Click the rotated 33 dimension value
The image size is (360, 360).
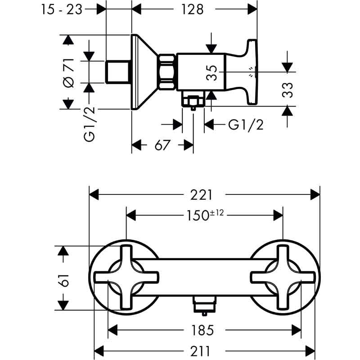(x=288, y=90)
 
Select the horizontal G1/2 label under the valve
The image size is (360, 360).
(x=246, y=125)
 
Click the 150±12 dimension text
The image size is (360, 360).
(x=205, y=215)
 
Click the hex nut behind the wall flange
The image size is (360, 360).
(x=167, y=72)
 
